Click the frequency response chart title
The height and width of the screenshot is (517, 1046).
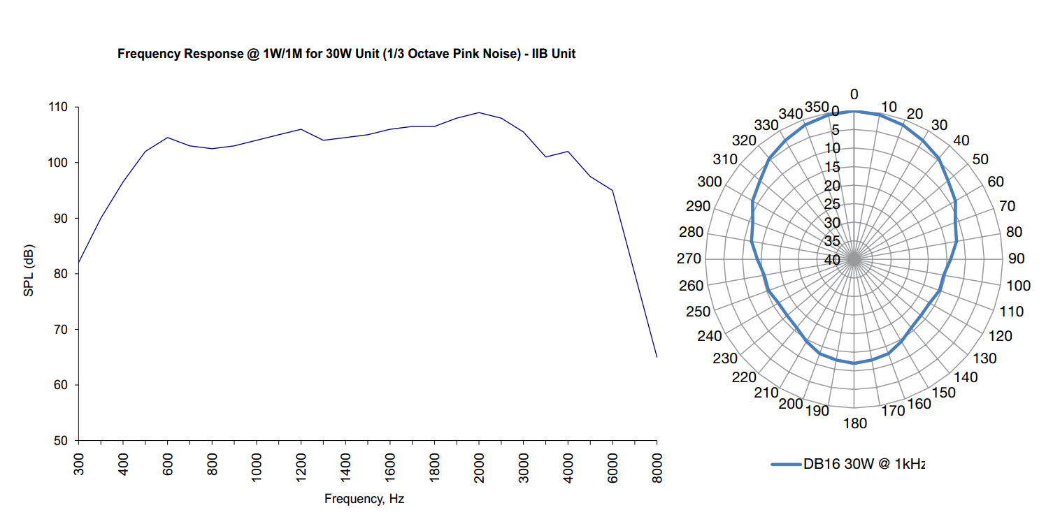tap(346, 54)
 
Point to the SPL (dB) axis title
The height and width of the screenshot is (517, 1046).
tap(29, 271)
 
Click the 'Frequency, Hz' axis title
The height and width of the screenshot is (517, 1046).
tap(364, 499)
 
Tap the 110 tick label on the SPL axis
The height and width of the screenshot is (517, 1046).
tap(58, 108)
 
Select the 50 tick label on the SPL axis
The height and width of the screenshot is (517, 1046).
tap(62, 441)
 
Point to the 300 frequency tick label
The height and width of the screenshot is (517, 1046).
tap(78, 463)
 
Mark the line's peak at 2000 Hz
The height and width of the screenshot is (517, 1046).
tap(479, 112)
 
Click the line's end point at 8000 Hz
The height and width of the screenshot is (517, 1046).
tap(657, 357)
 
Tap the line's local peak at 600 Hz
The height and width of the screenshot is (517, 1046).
tap(167, 138)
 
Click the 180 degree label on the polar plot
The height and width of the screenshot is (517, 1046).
tap(855, 423)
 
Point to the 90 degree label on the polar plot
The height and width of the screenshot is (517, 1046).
tap(1016, 259)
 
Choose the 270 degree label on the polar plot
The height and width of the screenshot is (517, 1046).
tap(689, 259)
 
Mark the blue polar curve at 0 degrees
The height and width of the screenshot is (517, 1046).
tap(854, 111)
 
